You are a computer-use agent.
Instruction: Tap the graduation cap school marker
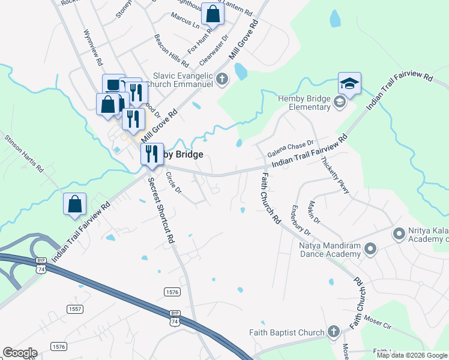pyautogui.click(x=349, y=84)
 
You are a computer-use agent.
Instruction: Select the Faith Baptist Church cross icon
pyautogui.click(x=333, y=332)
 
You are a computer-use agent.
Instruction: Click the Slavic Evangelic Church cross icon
pyautogui.click(x=221, y=79)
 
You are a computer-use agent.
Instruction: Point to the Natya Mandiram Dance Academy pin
pyautogui.click(x=370, y=248)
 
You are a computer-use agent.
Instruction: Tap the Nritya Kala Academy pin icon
pyautogui.click(x=398, y=233)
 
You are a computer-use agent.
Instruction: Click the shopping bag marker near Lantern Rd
pyautogui.click(x=212, y=13)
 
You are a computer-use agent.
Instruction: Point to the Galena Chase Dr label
pyautogui.click(x=291, y=147)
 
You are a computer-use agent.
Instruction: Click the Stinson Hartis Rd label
pyautogui.click(x=25, y=154)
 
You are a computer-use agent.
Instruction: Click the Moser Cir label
pyautogui.click(x=378, y=326)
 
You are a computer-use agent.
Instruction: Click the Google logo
pyautogui.click(x=20, y=353)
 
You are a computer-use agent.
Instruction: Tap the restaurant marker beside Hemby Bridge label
pyautogui.click(x=152, y=154)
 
